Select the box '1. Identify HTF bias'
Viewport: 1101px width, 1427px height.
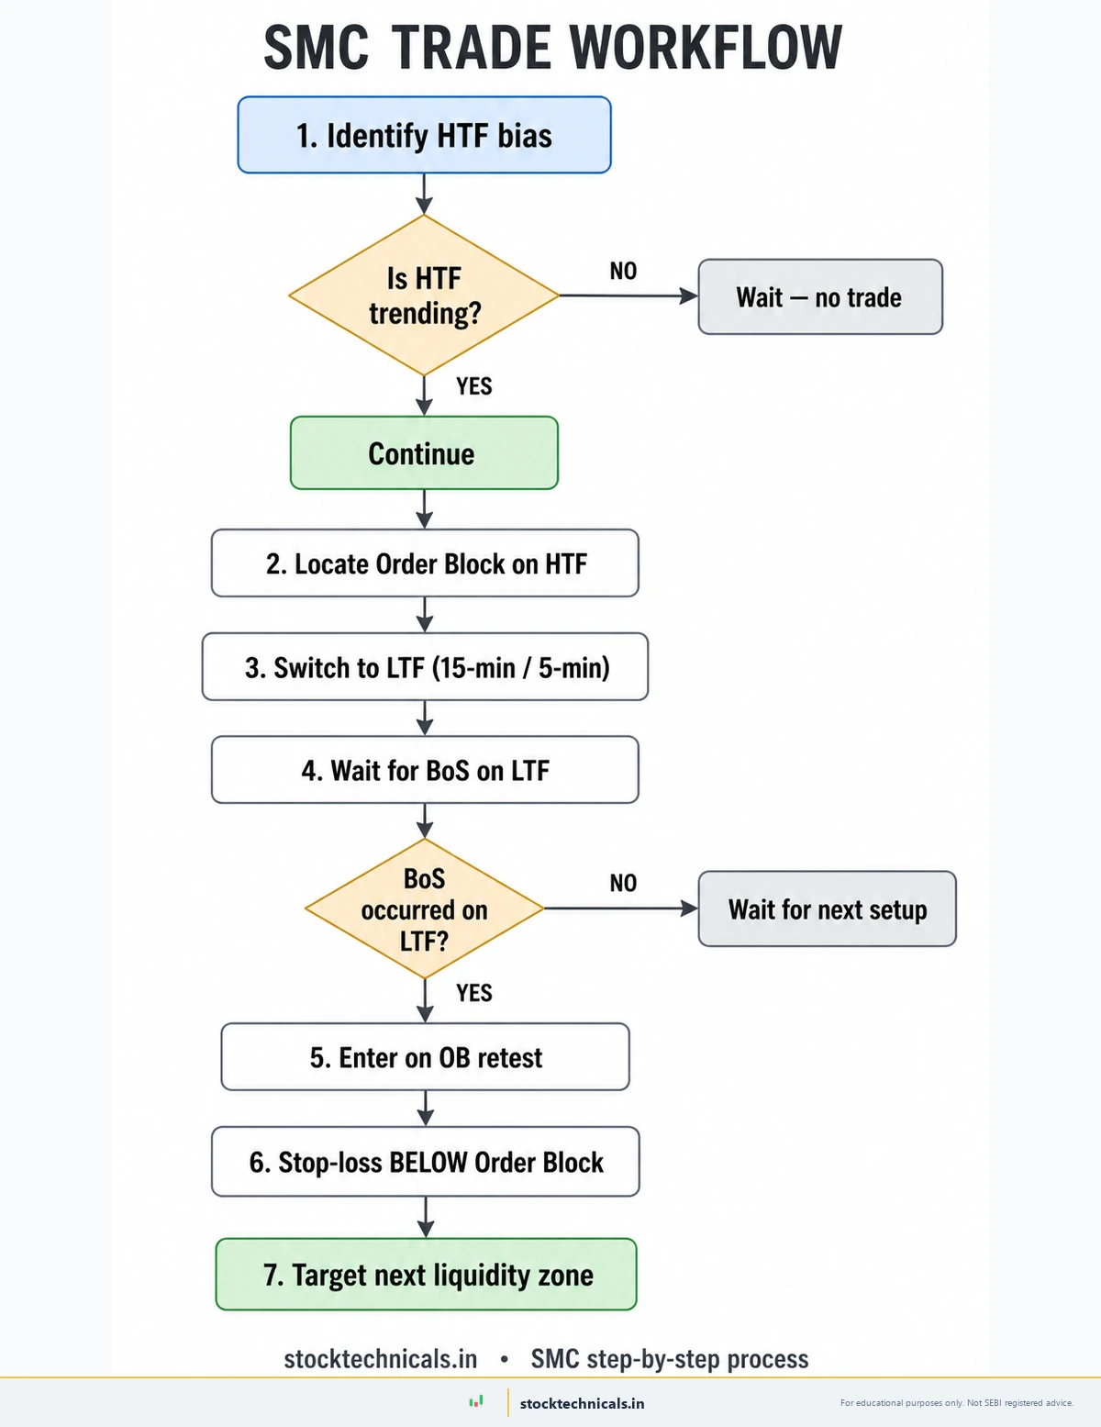point(424,135)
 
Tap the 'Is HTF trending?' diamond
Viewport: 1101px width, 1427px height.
point(424,295)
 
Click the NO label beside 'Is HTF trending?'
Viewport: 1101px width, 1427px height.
point(623,271)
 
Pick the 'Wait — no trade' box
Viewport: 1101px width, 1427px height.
point(819,297)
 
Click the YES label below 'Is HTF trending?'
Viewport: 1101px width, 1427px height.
point(473,386)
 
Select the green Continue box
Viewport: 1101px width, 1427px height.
point(424,453)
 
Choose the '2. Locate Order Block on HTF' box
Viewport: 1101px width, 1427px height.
point(425,563)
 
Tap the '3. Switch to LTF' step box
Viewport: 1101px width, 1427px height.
point(425,667)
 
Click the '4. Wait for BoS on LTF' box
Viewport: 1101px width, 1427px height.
point(425,770)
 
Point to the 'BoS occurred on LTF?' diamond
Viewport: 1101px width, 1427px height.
point(424,909)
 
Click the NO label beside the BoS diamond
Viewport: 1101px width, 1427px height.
point(623,883)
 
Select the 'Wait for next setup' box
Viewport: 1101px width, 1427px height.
point(827,909)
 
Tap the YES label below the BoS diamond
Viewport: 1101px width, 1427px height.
point(473,993)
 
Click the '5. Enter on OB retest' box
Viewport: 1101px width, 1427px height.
point(425,1057)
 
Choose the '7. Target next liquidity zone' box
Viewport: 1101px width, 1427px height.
point(426,1275)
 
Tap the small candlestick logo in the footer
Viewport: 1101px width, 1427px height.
point(476,1401)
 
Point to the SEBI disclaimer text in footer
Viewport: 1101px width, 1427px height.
point(956,1403)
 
